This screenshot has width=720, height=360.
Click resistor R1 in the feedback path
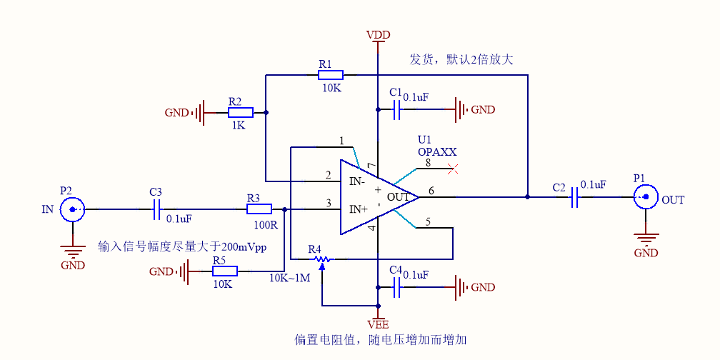(x=331, y=74)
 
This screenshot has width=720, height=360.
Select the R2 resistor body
(x=241, y=112)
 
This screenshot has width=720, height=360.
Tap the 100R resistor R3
(x=259, y=209)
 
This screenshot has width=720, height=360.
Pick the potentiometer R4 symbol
(x=321, y=259)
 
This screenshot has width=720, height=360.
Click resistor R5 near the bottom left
(x=225, y=271)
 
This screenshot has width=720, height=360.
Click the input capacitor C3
(x=159, y=209)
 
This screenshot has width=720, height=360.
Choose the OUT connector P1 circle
(x=646, y=196)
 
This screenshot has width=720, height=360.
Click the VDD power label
(x=378, y=35)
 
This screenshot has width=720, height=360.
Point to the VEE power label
(x=377, y=324)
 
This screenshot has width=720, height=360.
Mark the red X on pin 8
(x=451, y=169)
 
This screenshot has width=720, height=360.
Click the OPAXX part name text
(x=437, y=152)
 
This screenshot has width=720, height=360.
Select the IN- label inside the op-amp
(x=358, y=181)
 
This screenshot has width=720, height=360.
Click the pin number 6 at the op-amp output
(x=431, y=190)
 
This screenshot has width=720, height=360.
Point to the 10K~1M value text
(x=289, y=278)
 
